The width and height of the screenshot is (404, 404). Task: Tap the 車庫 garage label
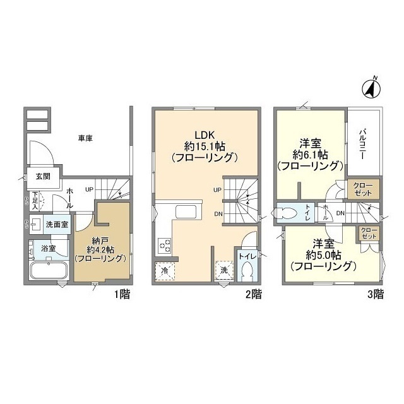(86, 138)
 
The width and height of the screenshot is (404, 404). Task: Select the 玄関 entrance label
(34, 176)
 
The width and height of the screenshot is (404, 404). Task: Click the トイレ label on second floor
(246, 256)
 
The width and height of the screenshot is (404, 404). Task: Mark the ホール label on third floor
(324, 211)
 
